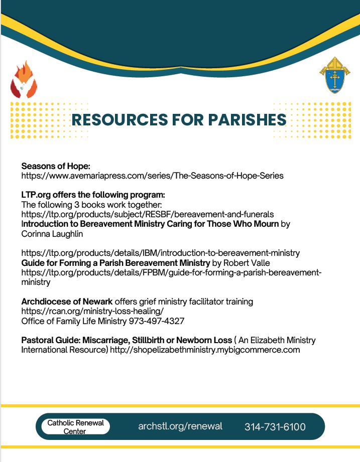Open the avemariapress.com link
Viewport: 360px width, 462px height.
tap(152, 176)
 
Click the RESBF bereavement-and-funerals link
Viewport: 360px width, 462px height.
tap(147, 214)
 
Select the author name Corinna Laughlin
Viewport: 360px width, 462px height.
tap(52, 233)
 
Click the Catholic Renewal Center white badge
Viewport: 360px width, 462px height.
tap(75, 427)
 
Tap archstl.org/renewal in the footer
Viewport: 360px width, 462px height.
tap(180, 426)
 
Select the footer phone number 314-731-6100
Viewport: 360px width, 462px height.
tap(275, 427)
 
